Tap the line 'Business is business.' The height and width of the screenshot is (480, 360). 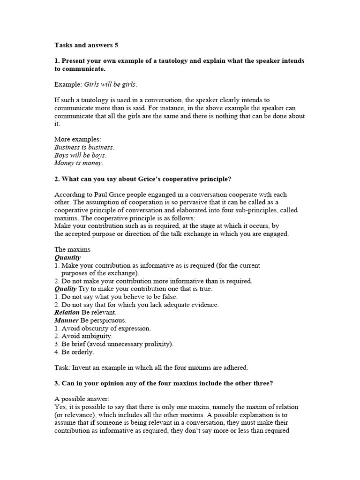coord(84,147)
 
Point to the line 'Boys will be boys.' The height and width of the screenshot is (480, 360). coord(80,155)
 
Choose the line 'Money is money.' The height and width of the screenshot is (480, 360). coord(79,163)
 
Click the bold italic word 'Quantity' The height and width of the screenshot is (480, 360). coord(67,257)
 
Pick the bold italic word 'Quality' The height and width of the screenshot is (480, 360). coord(66,289)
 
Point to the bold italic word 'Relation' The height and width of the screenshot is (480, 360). coord(67,312)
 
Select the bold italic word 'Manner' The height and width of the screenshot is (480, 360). coord(66,320)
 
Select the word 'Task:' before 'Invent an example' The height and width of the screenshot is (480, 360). coord(62,367)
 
